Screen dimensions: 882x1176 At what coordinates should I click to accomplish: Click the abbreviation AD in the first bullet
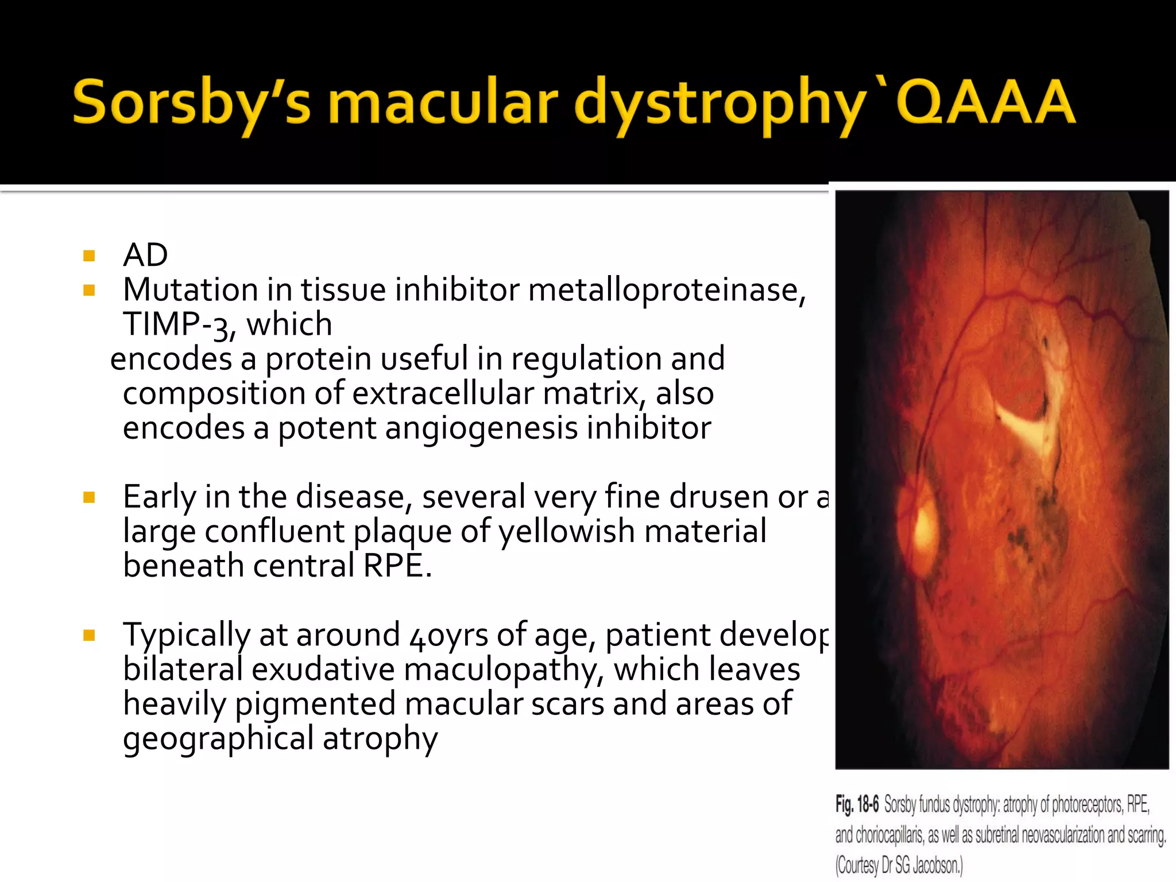pyautogui.click(x=145, y=255)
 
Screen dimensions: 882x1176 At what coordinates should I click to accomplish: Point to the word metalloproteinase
pyautogui.click(x=666, y=289)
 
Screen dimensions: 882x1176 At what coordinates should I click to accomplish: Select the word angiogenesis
pyautogui.click(x=481, y=428)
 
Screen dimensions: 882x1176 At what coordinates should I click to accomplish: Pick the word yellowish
pyautogui.click(x=566, y=531)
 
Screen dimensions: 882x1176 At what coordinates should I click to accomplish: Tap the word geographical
pyautogui.click(x=218, y=739)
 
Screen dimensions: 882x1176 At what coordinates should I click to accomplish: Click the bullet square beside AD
pyautogui.click(x=89, y=256)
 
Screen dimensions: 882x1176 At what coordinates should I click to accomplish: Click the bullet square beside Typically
pyautogui.click(x=89, y=636)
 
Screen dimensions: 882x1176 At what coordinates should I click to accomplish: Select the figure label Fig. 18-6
pyautogui.click(x=857, y=804)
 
